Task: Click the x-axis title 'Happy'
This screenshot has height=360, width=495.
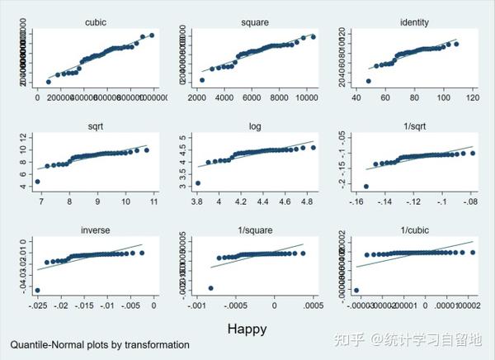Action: click(247, 328)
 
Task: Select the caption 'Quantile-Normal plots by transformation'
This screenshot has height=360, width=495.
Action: click(100, 344)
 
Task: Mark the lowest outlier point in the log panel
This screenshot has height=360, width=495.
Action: click(197, 183)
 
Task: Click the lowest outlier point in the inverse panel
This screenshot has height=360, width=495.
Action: click(38, 290)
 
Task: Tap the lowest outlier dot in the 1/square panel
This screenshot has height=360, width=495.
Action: click(211, 288)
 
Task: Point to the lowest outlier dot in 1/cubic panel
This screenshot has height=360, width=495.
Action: click(356, 291)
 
